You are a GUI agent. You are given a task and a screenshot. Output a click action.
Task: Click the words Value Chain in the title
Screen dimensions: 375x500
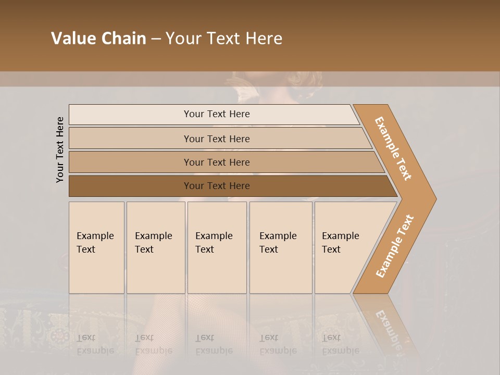98,39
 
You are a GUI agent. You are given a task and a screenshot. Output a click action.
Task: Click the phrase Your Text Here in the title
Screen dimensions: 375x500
224,39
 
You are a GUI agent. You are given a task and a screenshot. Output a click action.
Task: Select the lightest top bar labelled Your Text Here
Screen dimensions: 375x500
216,114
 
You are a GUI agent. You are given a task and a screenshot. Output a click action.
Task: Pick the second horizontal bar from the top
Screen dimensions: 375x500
216,139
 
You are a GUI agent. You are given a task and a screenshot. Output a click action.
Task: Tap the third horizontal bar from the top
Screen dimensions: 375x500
216,162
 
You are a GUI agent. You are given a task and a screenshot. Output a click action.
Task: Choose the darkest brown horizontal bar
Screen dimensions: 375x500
216,186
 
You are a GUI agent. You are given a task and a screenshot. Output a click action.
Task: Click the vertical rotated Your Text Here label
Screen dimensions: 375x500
60,149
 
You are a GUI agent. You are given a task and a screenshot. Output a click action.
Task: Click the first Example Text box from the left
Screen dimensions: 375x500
96,247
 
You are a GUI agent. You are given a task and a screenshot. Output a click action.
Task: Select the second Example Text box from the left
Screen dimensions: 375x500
155,247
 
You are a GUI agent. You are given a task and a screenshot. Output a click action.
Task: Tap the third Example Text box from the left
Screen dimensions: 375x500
216,247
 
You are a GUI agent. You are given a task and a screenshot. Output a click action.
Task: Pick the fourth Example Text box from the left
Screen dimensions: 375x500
280,247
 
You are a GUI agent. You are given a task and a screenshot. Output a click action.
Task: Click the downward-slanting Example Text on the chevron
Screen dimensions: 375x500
393,148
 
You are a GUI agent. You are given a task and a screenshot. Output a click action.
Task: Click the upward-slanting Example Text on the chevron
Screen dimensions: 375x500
394,246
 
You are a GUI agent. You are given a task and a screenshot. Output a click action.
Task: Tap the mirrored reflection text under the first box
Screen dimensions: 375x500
95,344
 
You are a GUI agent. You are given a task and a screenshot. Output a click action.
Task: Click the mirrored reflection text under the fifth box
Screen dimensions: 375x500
341,344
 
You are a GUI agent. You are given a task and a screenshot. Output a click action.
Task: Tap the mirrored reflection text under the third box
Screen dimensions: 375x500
214,344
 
